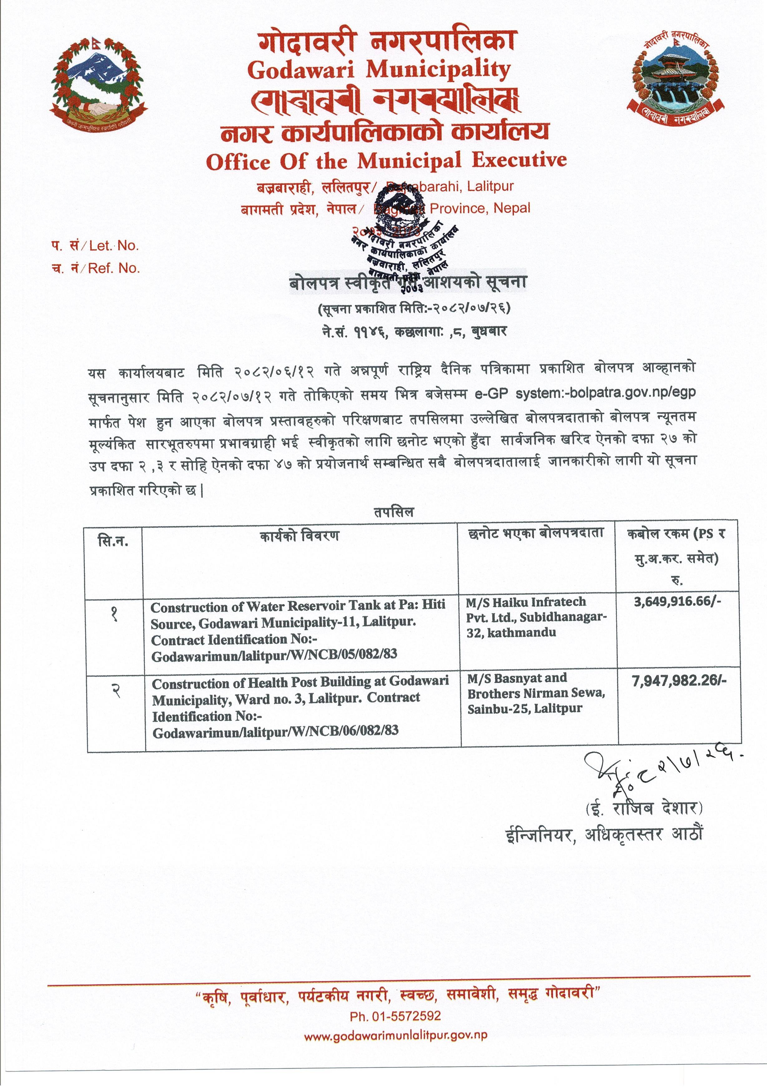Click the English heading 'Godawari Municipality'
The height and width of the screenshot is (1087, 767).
point(379,70)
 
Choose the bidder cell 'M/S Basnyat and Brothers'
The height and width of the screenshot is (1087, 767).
point(536,693)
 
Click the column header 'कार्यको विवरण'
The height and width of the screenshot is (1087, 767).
point(299,536)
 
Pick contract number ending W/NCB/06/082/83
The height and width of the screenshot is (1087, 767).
point(275,730)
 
